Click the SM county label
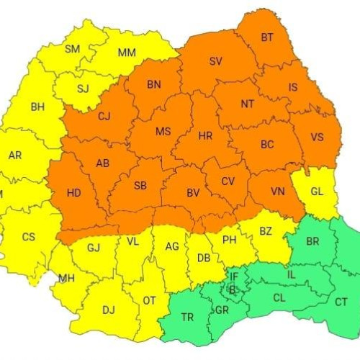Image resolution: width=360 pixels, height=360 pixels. pyautogui.click(x=73, y=49)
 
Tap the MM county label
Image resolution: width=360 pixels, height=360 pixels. pyautogui.click(x=127, y=53)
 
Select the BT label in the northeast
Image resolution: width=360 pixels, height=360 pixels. pyautogui.click(x=267, y=37)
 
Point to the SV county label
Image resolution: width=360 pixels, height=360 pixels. pyautogui.click(x=215, y=61)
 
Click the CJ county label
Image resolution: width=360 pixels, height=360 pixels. pyautogui.click(x=104, y=116)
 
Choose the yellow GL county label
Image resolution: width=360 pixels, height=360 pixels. pyautogui.click(x=318, y=192)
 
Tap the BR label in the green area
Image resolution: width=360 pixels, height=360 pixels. pyautogui.click(x=312, y=241)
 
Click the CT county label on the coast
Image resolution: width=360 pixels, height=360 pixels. pyautogui.click(x=341, y=302)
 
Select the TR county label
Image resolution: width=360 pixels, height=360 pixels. pyautogui.click(x=187, y=317)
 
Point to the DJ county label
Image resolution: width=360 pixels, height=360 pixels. pyautogui.click(x=108, y=310)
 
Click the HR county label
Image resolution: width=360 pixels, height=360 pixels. pyautogui.click(x=205, y=135)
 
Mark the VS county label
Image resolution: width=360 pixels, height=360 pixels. pyautogui.click(x=317, y=137)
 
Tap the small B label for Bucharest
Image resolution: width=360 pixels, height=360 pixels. pyautogui.click(x=231, y=289)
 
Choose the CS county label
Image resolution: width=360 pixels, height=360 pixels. pyautogui.click(x=28, y=237)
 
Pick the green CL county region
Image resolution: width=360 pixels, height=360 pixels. pyautogui.click(x=277, y=297)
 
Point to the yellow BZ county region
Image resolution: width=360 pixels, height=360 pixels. pyautogui.click(x=265, y=232)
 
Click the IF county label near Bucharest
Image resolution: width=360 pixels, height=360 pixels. pyautogui.click(x=233, y=276)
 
